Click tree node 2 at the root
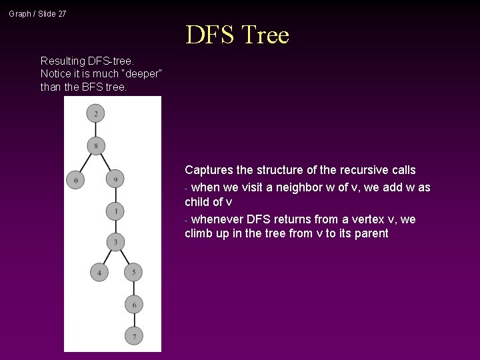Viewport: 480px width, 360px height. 96,114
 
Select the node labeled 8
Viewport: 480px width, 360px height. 96,145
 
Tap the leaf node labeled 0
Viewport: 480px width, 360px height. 76,179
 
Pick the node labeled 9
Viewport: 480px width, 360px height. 115,179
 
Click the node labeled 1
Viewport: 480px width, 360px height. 115,211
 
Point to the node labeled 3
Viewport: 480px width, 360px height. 115,241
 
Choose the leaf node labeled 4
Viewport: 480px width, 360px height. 99,272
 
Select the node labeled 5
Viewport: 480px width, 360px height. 133,272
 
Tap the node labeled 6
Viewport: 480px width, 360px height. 133,304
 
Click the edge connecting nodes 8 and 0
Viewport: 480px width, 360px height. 86,162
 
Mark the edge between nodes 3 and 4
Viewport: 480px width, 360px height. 107,257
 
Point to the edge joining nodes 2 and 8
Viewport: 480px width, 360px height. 96,130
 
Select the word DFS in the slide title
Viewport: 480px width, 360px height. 209,35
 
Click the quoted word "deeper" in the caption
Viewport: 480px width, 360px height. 145,73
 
